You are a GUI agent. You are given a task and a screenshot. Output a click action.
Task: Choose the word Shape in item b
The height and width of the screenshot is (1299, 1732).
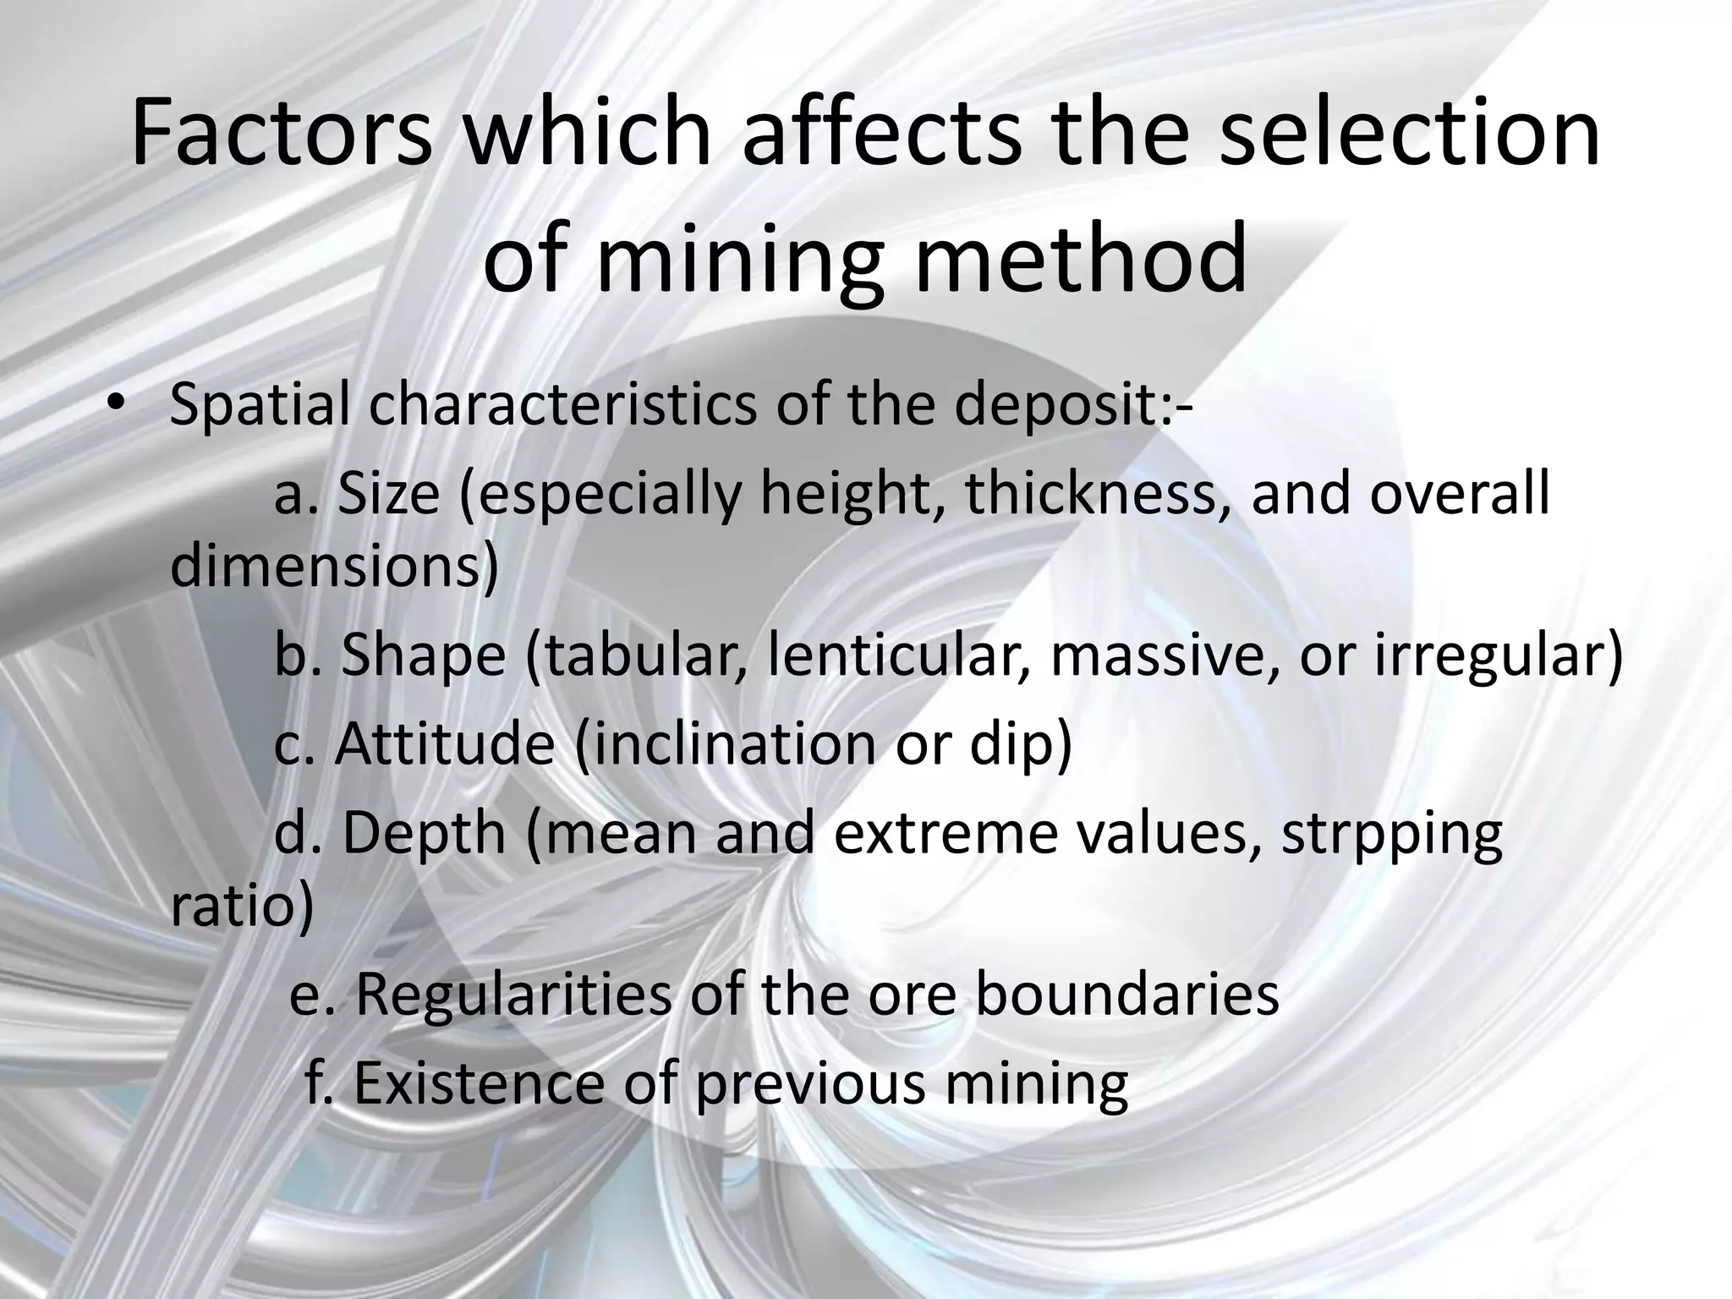pos(423,655)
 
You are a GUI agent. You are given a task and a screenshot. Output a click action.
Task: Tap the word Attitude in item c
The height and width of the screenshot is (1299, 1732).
pos(445,744)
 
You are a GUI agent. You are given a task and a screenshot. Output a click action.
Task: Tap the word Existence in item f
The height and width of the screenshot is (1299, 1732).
pos(478,1082)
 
